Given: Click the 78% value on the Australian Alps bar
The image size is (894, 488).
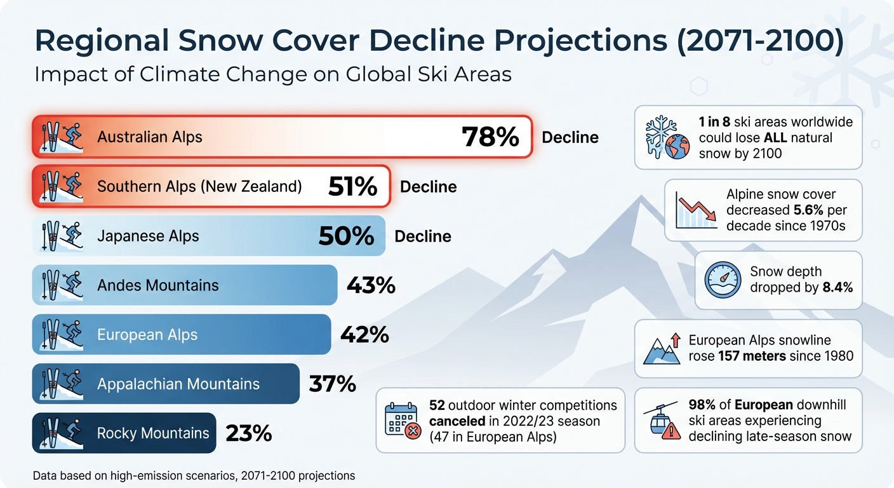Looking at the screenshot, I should click(x=490, y=137).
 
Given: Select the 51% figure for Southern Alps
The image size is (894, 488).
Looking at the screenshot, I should click(x=352, y=187).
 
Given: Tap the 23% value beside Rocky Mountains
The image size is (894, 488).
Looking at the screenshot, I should click(x=248, y=433).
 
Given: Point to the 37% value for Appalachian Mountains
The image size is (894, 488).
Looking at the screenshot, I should click(x=332, y=384).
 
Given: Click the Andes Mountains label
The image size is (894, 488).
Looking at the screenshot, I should click(x=157, y=285).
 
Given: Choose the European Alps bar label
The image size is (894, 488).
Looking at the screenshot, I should click(x=147, y=335).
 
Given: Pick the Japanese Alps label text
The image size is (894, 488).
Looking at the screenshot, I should click(x=148, y=236).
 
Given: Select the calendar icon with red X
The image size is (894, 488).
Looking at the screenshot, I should click(x=403, y=420).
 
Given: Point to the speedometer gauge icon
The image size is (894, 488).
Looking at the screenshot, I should click(x=723, y=280).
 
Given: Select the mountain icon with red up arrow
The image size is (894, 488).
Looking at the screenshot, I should click(x=662, y=349).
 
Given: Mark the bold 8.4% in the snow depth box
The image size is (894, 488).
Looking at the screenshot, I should click(x=837, y=287).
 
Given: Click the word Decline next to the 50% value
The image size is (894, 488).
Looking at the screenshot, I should click(x=423, y=236).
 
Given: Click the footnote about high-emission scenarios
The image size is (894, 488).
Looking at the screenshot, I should click(x=194, y=475).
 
